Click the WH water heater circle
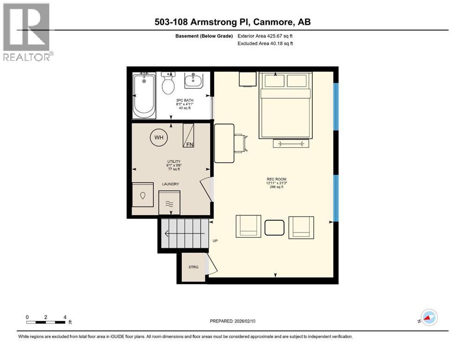(159, 138)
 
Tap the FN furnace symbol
(188, 136)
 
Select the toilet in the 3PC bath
(168, 84)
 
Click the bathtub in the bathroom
(144, 96)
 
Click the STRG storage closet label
(193, 267)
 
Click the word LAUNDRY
(170, 184)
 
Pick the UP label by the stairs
(215, 241)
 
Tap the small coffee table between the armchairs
(275, 227)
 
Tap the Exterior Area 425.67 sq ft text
(267, 36)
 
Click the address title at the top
(232, 22)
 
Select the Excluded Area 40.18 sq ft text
(267, 44)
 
